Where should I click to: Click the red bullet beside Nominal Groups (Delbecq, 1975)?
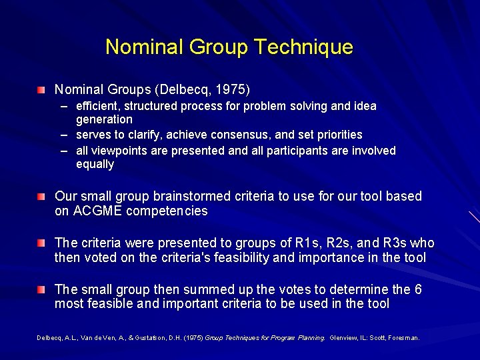tap(42, 89)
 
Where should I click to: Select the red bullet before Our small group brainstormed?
tap(42, 197)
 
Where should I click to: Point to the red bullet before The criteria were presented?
tap(42, 243)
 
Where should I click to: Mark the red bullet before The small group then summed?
tap(42, 290)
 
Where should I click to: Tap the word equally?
tap(95, 164)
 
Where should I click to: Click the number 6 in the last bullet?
tap(417, 289)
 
